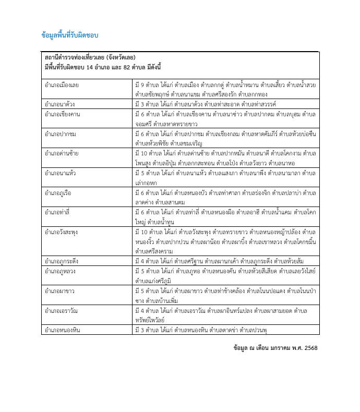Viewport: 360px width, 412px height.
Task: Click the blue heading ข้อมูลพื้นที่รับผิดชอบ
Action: (x=69, y=35)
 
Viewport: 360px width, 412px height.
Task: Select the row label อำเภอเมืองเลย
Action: (x=63, y=84)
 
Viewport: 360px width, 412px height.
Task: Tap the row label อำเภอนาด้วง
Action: (x=60, y=104)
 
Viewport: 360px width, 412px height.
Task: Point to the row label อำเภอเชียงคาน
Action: (x=62, y=114)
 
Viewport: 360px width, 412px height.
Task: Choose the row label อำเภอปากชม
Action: (x=61, y=134)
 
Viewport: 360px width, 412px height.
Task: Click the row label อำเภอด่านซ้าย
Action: (x=62, y=153)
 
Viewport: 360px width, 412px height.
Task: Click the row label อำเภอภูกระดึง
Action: (x=62, y=260)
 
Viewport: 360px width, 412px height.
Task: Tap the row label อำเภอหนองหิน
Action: (x=62, y=330)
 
